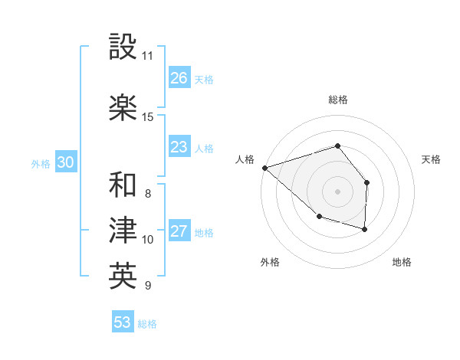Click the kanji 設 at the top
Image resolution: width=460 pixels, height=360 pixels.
coord(123,47)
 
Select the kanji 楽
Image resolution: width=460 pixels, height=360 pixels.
coord(123,108)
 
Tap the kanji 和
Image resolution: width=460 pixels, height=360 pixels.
coord(123,185)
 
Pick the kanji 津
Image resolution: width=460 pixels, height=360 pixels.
coord(123,231)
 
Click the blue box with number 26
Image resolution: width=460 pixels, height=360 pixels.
coord(179,78)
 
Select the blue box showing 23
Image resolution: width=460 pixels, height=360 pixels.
coord(179,147)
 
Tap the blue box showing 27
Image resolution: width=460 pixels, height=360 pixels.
coord(179,231)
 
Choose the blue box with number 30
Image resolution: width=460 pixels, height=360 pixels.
coord(65,162)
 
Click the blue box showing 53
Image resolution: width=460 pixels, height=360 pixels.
coord(123,322)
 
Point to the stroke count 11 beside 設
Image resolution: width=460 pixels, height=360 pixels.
coord(147,56)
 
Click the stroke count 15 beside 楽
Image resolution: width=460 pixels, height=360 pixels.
coord(147,117)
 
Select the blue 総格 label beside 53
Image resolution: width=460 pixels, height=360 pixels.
coord(147,324)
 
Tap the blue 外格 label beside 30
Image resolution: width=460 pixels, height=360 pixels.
coord(41,163)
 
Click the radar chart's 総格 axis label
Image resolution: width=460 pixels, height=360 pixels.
coord(338,100)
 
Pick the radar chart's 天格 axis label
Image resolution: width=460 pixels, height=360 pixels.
coord(432,159)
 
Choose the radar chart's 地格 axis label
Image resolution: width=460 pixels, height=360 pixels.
coord(402,262)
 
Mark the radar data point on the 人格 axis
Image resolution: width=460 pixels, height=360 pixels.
coord(264,167)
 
